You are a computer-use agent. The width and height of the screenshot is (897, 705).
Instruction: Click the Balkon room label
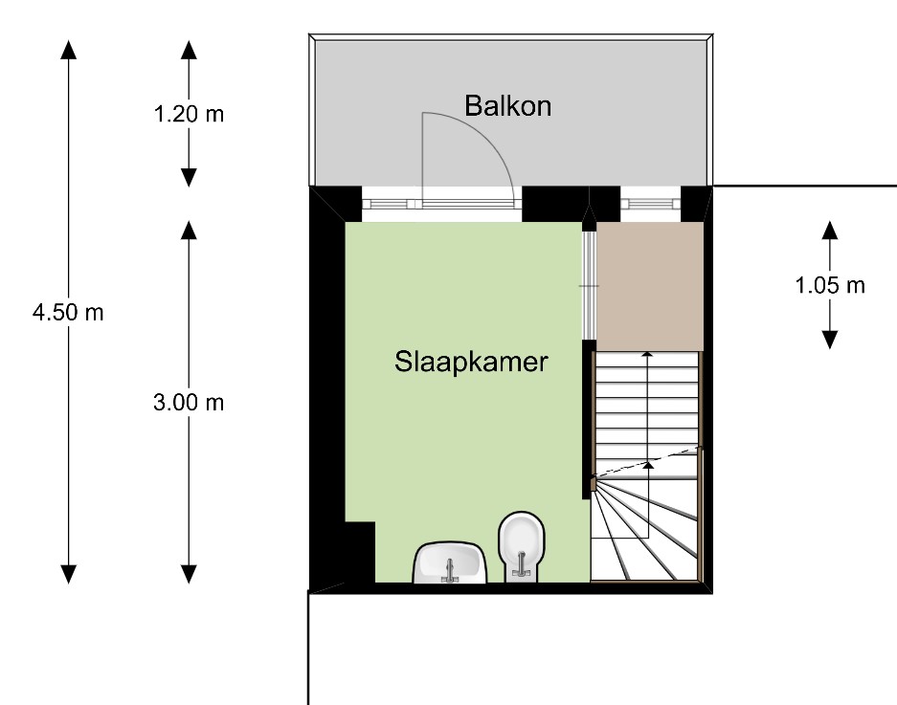point(507,106)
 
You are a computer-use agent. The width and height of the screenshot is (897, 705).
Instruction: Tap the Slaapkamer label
point(471,362)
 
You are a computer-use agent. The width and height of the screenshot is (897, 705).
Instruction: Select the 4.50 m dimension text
point(68,312)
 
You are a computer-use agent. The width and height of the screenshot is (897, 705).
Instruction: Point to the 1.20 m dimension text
point(189,114)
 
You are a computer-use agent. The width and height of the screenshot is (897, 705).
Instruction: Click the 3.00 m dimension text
point(189,403)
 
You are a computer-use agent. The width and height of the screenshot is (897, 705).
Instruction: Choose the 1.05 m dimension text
point(830,285)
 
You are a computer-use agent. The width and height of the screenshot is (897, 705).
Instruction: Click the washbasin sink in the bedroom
point(450,563)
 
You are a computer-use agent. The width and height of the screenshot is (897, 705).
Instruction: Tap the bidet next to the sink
point(521,547)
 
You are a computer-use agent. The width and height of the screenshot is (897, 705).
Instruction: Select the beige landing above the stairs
point(650,286)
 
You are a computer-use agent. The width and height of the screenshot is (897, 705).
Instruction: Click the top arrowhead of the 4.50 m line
point(69,50)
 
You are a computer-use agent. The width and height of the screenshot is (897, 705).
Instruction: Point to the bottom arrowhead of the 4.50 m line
point(69,575)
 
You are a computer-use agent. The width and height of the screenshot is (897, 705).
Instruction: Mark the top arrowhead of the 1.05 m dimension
point(830,230)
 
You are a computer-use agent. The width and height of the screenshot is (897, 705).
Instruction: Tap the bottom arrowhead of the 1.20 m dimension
point(189,177)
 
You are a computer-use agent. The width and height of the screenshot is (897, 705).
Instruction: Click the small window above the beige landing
point(650,204)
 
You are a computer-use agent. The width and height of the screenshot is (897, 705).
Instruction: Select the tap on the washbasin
point(450,571)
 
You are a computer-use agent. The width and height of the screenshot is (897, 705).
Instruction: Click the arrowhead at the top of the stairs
point(647,355)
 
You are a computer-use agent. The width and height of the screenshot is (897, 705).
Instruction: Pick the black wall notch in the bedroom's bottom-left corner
point(360,552)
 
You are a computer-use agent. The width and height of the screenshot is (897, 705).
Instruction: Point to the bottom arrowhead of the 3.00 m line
point(189,575)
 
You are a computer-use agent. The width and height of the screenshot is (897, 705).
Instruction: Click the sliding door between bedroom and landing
point(590,285)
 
